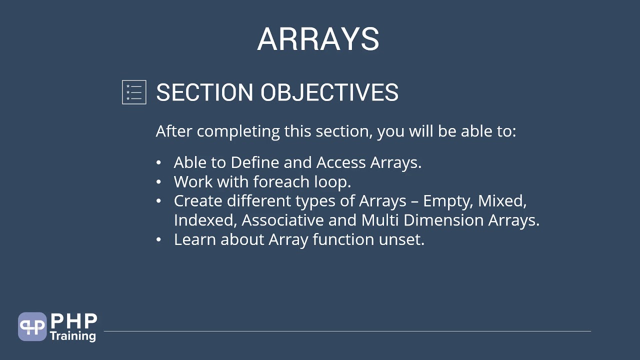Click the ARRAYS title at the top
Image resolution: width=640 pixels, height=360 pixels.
click(x=318, y=39)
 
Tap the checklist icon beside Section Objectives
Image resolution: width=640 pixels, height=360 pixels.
click(x=134, y=92)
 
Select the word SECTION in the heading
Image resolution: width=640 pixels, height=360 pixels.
click(x=205, y=92)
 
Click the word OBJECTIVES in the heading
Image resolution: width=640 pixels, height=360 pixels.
click(x=329, y=92)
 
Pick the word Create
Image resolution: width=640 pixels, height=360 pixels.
click(x=198, y=201)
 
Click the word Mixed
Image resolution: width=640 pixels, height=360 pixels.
click(x=502, y=201)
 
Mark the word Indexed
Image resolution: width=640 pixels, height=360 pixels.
click(x=205, y=220)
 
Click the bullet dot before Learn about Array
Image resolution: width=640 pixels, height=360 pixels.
click(x=159, y=240)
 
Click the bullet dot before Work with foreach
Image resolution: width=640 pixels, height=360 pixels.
click(x=159, y=182)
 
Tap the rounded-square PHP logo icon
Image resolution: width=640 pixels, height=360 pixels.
click(x=32, y=327)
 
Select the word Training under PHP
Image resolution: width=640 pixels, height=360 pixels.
click(x=72, y=335)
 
